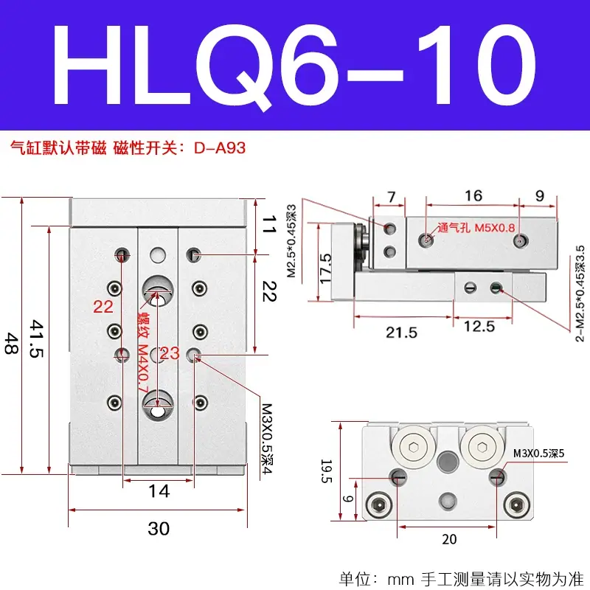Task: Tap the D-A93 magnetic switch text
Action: [x=220, y=148]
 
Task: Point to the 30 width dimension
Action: [x=159, y=529]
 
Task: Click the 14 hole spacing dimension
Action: [x=159, y=491]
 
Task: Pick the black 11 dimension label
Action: [x=269, y=224]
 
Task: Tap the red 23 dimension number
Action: [x=170, y=353]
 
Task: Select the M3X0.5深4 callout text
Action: [x=267, y=439]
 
